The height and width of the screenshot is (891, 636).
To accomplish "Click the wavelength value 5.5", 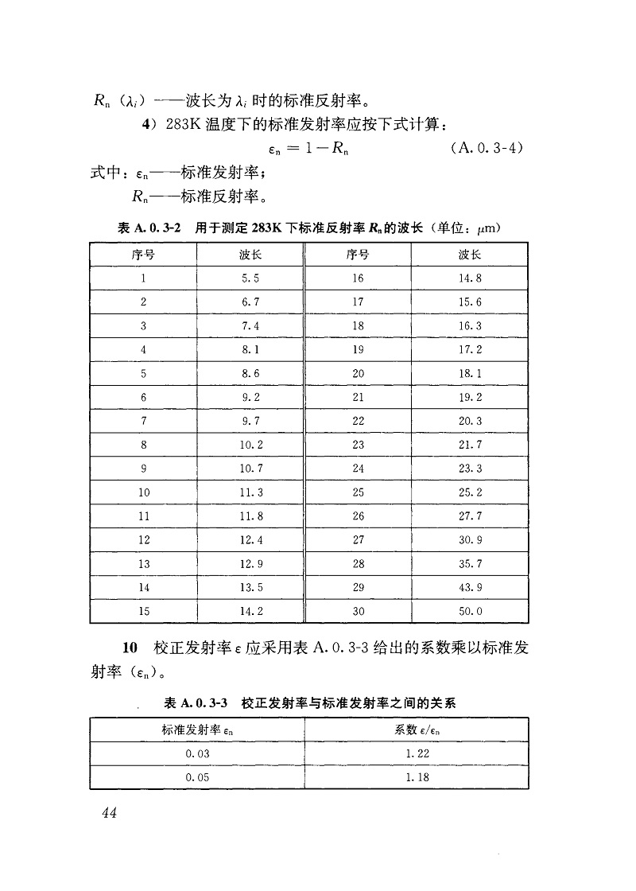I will [250, 278].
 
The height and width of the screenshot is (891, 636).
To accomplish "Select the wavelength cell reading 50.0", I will [471, 612].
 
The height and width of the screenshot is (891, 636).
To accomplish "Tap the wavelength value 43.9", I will [471, 588].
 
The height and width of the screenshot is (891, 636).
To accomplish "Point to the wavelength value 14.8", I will [471, 278].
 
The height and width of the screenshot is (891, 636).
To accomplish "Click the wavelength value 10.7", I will [250, 469].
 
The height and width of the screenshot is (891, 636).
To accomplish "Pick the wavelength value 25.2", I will [471, 492].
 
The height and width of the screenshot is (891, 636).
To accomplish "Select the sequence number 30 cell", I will [358, 612].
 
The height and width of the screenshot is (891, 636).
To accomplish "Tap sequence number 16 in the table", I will [358, 278].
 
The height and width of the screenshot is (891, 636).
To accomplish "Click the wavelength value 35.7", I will [471, 564].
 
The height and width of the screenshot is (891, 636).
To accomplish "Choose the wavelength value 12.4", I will [250, 540].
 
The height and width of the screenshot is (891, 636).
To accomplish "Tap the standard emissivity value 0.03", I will [197, 753].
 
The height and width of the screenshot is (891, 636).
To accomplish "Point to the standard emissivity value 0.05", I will [197, 777].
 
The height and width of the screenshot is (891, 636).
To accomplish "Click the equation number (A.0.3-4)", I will [486, 149].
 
